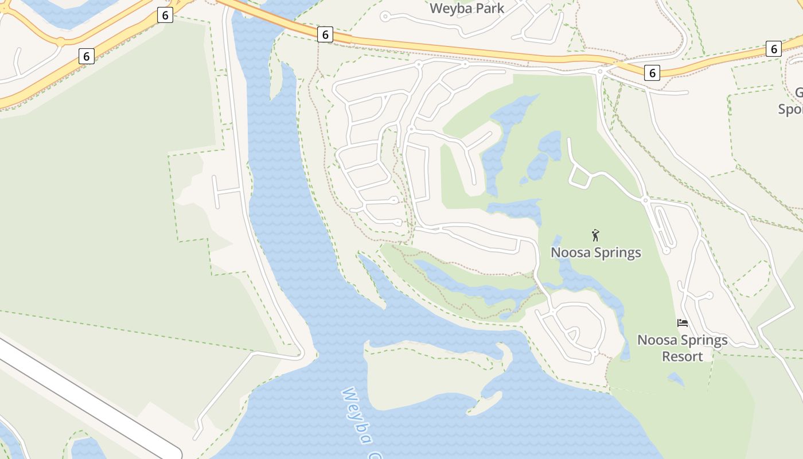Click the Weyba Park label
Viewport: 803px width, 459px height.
pyautogui.click(x=467, y=9)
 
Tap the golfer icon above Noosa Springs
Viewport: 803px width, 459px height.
pyautogui.click(x=596, y=235)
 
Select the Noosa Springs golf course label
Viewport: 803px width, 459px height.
pyautogui.click(x=596, y=252)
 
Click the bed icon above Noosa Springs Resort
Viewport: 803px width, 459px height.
pyautogui.click(x=683, y=323)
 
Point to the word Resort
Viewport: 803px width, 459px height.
pyautogui.click(x=683, y=356)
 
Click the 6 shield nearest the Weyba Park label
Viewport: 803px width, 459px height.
pyautogui.click(x=325, y=35)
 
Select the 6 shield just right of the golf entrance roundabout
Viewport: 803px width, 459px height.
pyautogui.click(x=652, y=73)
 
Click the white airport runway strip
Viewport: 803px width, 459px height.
pyautogui.click(x=86, y=396)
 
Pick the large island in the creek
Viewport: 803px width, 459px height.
pyautogui.click(x=424, y=373)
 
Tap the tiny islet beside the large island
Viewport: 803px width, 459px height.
pyautogui.click(x=486, y=403)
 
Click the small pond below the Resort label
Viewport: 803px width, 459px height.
pyautogui.click(x=676, y=379)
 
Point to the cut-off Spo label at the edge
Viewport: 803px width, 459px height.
pyautogui.click(x=791, y=108)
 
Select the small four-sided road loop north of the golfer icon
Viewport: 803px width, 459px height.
pyautogui.click(x=580, y=178)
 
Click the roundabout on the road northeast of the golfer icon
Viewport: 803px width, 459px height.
pyautogui.click(x=645, y=200)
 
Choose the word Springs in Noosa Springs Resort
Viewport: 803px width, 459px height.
pyautogui.click(x=699, y=340)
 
